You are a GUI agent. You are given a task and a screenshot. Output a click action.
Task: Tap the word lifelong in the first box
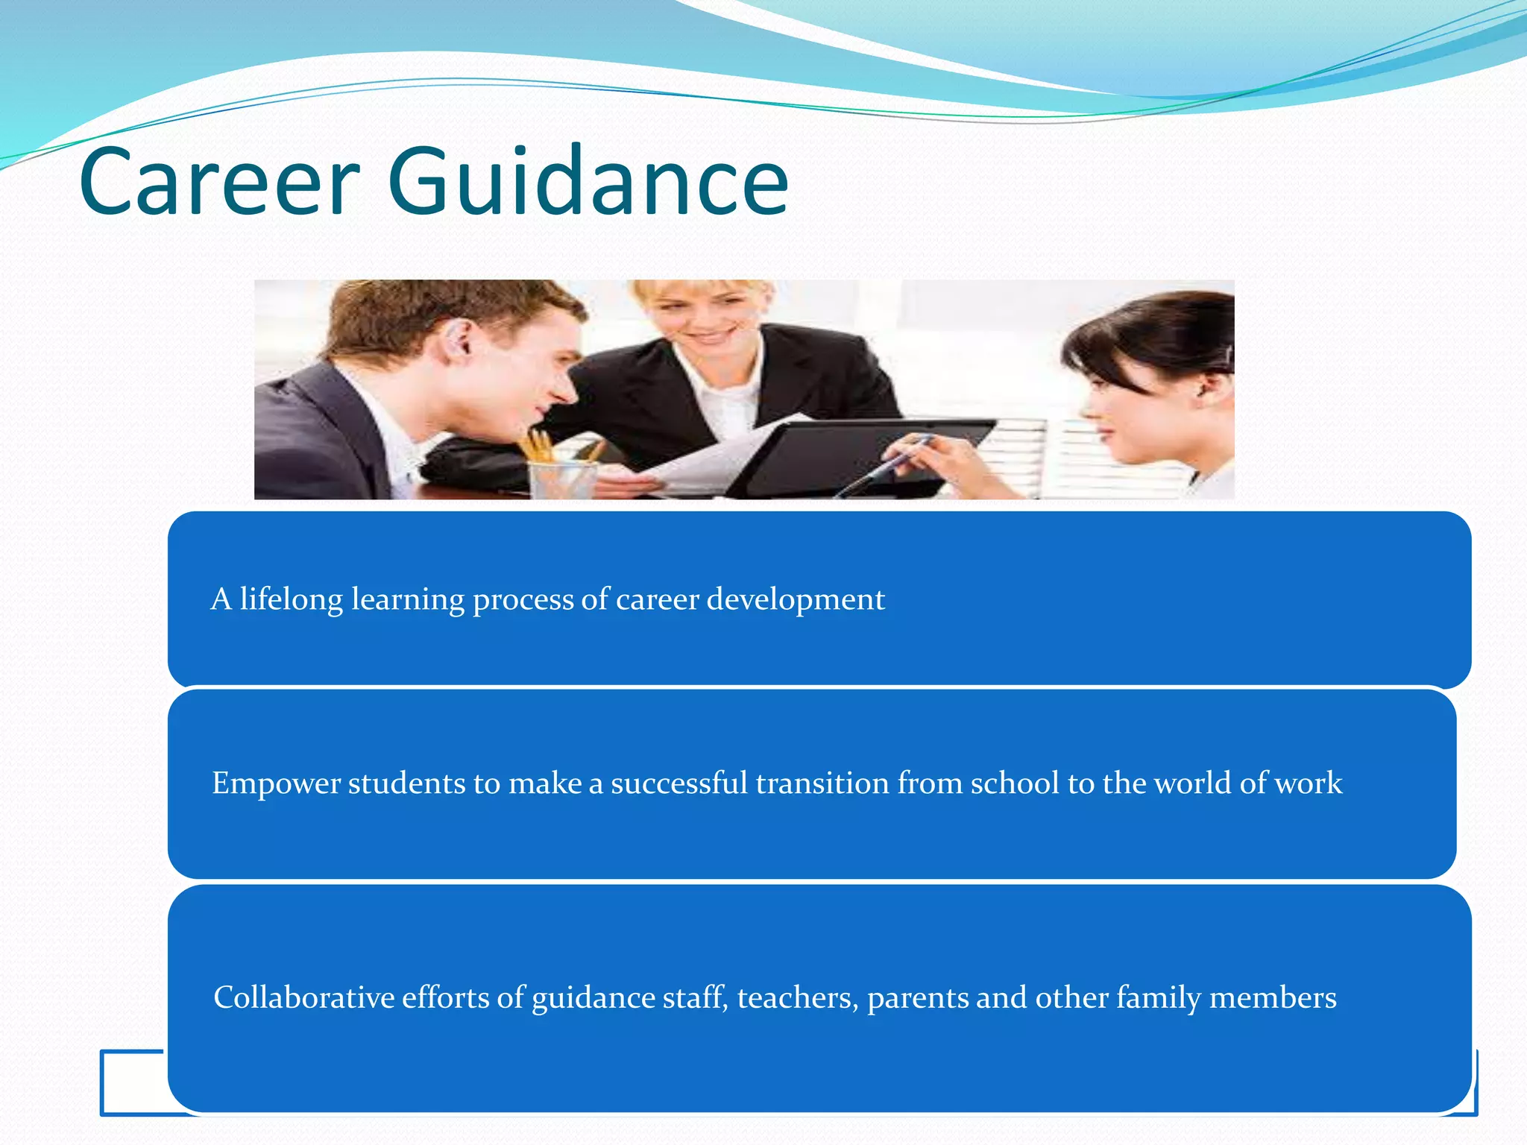tap(291, 599)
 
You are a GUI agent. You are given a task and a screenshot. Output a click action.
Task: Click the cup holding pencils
tap(563, 477)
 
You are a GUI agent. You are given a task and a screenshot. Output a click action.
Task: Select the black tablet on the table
tap(857, 455)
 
